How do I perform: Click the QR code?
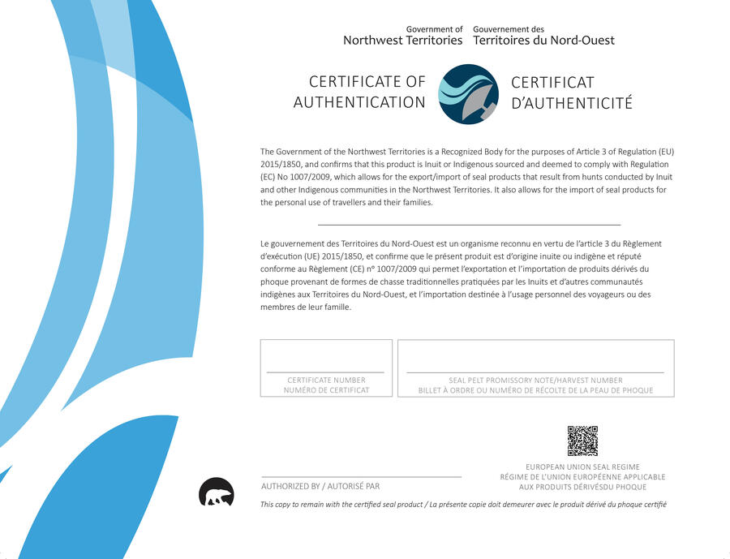tap(582, 441)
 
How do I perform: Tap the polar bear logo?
tap(217, 492)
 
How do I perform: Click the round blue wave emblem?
tap(468, 94)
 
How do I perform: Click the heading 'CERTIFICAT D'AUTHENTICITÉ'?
tap(571, 92)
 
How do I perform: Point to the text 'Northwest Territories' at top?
tap(402, 40)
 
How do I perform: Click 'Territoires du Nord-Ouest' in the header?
tap(543, 40)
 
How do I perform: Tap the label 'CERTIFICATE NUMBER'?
tap(326, 380)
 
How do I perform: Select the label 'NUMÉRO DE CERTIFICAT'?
tap(326, 390)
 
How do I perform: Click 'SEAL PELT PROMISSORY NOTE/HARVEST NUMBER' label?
tap(535, 380)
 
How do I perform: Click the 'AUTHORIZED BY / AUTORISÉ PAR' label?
tap(320, 486)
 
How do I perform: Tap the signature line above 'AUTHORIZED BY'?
tap(361, 477)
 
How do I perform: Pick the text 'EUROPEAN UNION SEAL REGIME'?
tap(582, 467)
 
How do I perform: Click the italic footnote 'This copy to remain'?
tap(463, 505)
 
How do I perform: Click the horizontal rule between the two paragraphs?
tap(469, 224)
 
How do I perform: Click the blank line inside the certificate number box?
tap(325, 372)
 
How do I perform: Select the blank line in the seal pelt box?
tap(535, 372)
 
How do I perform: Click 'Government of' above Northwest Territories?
tap(434, 29)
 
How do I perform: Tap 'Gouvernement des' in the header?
tap(509, 29)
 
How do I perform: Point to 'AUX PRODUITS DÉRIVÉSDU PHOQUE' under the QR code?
tap(582, 487)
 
